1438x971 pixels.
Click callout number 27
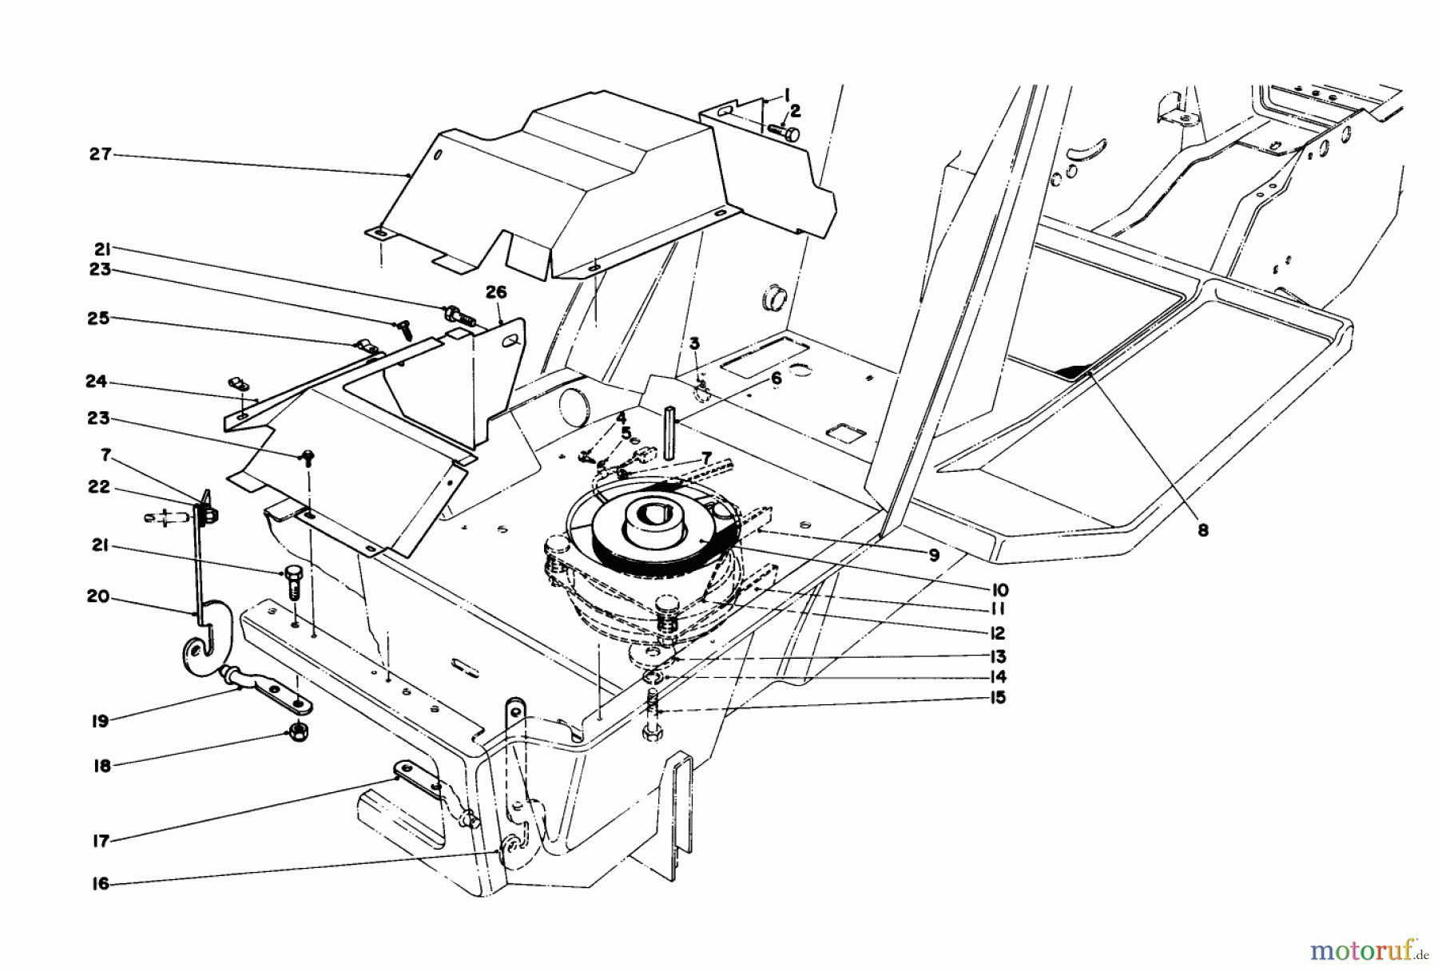[100, 154]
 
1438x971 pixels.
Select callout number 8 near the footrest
[1203, 529]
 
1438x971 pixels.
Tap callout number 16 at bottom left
[100, 884]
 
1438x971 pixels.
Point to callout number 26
[496, 293]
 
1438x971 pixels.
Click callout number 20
[100, 598]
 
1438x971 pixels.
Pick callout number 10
[1001, 590]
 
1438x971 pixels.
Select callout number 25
[100, 319]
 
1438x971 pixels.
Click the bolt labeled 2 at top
[783, 130]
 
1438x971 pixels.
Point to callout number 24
[100, 382]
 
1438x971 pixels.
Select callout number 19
[100, 720]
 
